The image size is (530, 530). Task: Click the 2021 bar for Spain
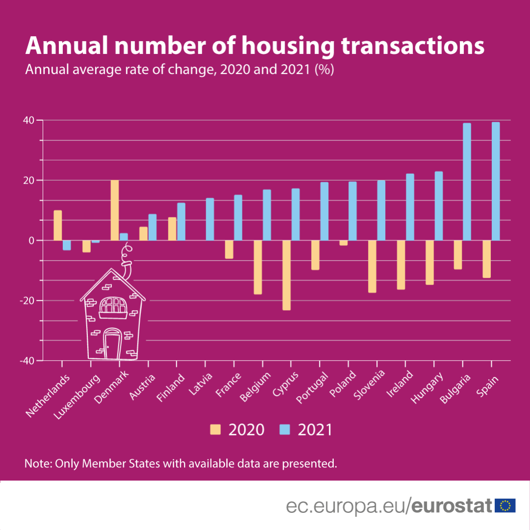tap(496, 181)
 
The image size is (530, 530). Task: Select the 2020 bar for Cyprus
tap(287, 275)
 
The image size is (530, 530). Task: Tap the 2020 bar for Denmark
tap(115, 210)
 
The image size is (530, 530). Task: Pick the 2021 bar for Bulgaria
tap(467, 182)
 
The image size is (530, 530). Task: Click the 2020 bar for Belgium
tap(258, 267)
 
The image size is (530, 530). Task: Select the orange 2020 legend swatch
tap(215, 430)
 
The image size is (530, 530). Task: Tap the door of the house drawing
tap(112, 345)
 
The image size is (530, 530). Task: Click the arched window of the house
tap(113, 305)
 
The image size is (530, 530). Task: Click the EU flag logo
tap(505, 505)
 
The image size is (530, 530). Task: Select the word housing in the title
tap(287, 46)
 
